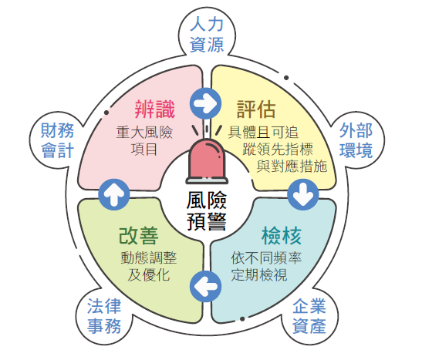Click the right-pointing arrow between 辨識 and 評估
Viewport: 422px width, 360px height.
pos(206,103)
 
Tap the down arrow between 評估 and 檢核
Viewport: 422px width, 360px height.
pos(303,194)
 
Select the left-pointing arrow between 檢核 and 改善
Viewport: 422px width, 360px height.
pos(206,286)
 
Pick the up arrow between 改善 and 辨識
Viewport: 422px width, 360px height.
pos(114,194)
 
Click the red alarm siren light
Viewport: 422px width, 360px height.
pos(207,161)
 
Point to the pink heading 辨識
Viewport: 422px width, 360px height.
pos(155,109)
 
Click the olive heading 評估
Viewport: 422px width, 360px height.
pos(256,109)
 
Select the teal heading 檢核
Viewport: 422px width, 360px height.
pos(282,236)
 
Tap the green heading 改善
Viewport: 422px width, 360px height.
pos(139,236)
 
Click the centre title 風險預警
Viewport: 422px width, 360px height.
pos(207,211)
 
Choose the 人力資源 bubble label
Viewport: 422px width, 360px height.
pos(207,34)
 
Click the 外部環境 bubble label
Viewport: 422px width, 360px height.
pos(356,140)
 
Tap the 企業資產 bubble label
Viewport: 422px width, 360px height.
pos(309,316)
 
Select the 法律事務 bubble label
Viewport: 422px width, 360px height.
pos(104,316)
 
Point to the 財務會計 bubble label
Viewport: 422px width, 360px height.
pos(57,140)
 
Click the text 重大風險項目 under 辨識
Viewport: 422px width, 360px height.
pos(144,141)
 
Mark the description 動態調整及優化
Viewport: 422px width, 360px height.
pos(149,266)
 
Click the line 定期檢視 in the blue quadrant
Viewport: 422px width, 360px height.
pos(259,274)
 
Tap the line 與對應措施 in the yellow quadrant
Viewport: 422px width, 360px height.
pos(292,166)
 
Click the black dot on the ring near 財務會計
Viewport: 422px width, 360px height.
pos(106,113)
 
